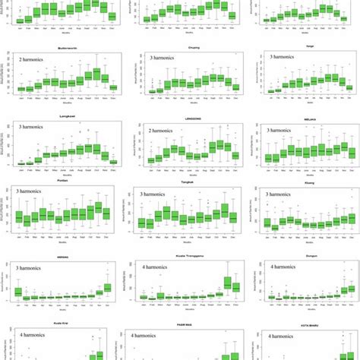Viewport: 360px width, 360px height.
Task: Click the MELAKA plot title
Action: (305, 118)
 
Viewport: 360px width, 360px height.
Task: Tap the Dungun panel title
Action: (305, 257)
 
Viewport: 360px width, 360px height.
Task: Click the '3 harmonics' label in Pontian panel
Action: (36, 196)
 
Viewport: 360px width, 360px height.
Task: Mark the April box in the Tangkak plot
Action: (168, 213)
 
